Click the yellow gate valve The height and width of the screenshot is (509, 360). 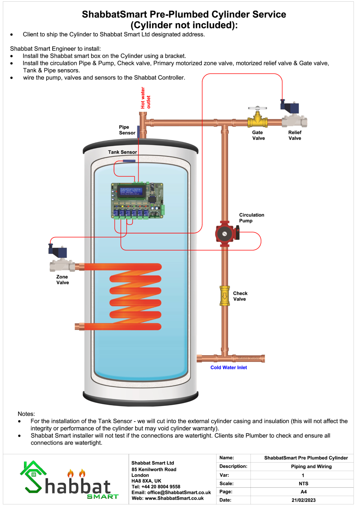(257, 120)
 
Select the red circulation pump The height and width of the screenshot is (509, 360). (225, 234)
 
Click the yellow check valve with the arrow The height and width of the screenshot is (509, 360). (225, 296)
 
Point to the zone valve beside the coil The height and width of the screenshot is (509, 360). (62, 260)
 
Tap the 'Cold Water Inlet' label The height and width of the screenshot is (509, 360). (229, 368)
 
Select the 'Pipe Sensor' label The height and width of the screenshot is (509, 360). (127, 130)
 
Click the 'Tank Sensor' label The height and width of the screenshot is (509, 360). (122, 152)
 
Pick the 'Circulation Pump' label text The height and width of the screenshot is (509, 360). (252, 218)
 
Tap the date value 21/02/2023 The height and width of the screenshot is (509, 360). (303, 500)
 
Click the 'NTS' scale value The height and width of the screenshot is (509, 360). (303, 483)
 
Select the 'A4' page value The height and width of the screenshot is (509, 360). (303, 492)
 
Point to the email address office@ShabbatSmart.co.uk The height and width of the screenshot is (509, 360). (179, 492)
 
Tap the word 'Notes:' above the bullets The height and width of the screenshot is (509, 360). (26, 414)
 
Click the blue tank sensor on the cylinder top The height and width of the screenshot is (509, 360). (129, 161)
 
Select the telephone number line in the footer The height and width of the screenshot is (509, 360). (156, 487)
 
